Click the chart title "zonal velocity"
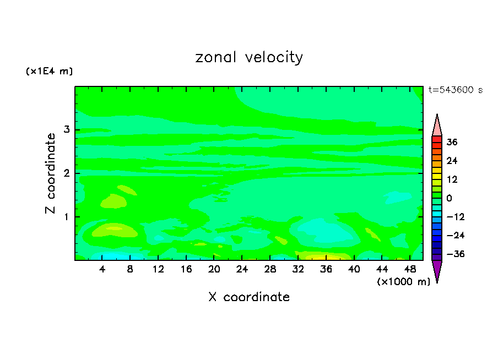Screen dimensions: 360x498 click(249, 57)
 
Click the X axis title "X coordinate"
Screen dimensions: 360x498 click(249, 297)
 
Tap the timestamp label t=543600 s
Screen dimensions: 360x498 click(455, 90)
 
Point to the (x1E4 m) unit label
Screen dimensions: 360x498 click(49, 72)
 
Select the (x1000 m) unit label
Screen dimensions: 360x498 click(403, 282)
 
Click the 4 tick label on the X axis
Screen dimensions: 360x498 click(102, 269)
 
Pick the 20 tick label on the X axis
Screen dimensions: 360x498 click(214, 269)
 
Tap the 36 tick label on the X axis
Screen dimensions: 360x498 click(326, 269)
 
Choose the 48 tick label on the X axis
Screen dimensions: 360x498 click(409, 269)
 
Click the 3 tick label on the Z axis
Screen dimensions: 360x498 click(66, 130)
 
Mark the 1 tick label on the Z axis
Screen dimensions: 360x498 click(66, 216)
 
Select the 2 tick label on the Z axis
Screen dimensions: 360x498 click(66, 173)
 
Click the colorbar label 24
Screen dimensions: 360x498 click(452, 161)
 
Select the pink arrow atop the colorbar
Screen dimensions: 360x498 click(437, 127)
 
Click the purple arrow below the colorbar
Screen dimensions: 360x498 click(437, 270)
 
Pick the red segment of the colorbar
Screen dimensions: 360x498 click(437, 142)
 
